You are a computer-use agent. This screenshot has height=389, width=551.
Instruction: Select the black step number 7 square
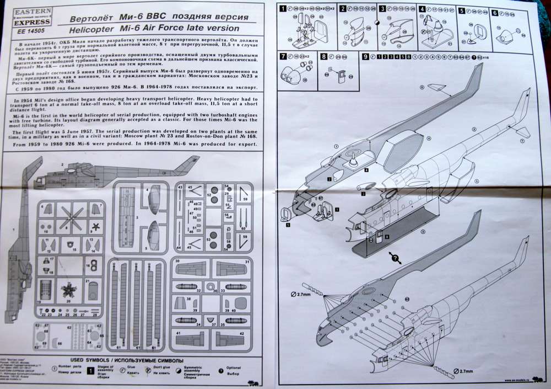point(283,56)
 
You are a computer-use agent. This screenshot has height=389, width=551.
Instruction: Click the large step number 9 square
point(365,56)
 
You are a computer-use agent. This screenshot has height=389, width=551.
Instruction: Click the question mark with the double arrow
point(395,257)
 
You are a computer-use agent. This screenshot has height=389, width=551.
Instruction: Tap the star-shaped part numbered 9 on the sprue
point(95,226)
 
